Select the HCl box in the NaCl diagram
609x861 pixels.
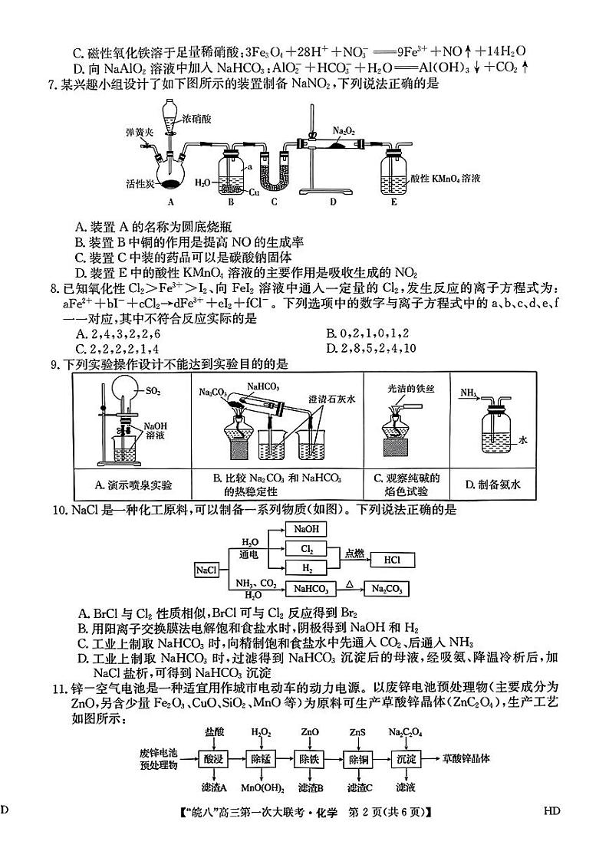(x=392, y=560)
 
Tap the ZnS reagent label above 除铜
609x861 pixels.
(x=357, y=733)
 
